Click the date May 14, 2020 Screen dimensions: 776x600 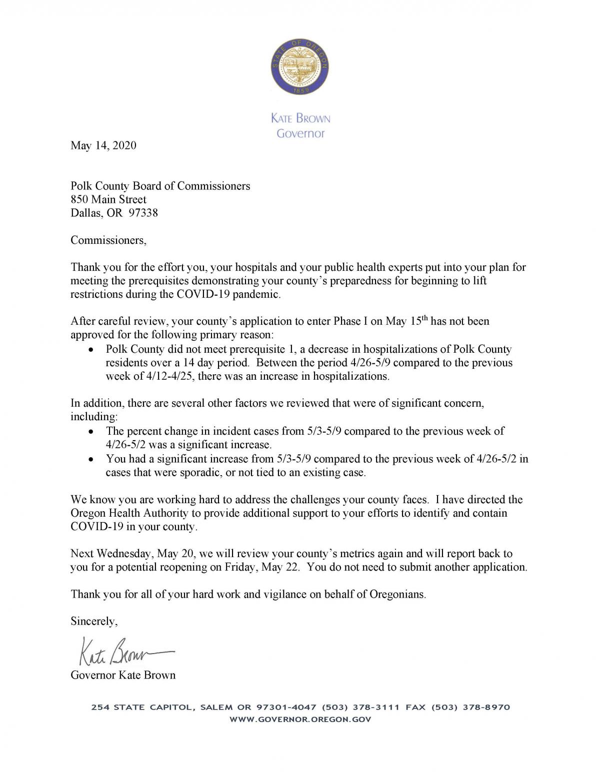tap(103, 145)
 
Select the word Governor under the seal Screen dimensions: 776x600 tap(300, 133)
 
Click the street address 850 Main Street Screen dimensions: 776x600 tap(108, 199)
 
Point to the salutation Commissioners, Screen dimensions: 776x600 tap(108, 240)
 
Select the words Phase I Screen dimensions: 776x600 tap(350, 321)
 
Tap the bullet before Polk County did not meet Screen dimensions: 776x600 tap(90, 350)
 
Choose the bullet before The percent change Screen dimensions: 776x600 tap(90, 431)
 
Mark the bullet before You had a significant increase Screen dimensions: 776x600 tap(90, 459)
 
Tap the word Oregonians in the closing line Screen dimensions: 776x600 tap(397, 595)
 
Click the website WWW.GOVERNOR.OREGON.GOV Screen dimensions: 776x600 tap(300, 720)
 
